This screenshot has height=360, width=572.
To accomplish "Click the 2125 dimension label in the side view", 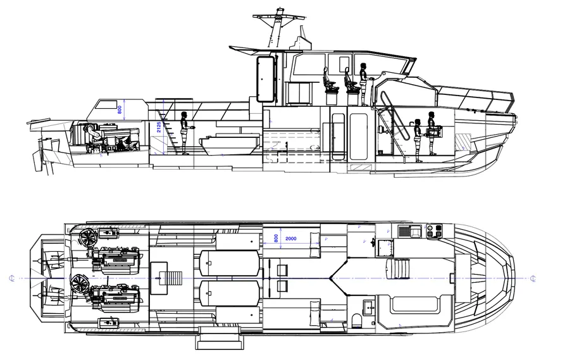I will coord(159,131).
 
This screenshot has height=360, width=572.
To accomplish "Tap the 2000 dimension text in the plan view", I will coord(291,239).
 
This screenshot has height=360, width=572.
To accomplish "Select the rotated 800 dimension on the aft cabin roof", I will coord(120,109).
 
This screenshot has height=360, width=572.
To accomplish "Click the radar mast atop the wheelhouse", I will coord(277,28).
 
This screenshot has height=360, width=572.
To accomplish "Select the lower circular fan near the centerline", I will coord(80,285).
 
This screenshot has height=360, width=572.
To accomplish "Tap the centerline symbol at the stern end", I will coord(12,278).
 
